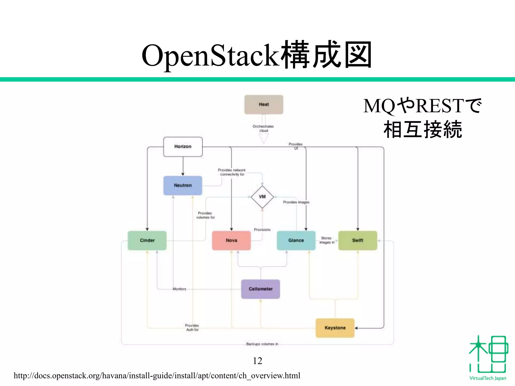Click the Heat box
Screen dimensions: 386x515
(x=264, y=105)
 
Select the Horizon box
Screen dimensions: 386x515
(x=183, y=147)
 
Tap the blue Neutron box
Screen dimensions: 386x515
(x=183, y=185)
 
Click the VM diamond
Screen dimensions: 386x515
(x=262, y=197)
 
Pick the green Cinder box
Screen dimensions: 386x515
(x=147, y=240)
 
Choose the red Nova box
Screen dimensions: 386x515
(x=231, y=240)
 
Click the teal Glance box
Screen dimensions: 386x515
(x=296, y=240)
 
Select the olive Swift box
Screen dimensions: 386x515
(x=358, y=240)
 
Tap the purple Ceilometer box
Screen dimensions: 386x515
(x=261, y=289)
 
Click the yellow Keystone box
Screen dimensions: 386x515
(x=335, y=328)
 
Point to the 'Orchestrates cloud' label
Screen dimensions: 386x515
(x=263, y=128)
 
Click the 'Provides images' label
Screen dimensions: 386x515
(x=296, y=202)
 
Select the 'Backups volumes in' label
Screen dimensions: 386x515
(x=262, y=344)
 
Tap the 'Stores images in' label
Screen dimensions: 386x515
(x=327, y=240)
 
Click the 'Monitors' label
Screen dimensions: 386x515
(x=179, y=289)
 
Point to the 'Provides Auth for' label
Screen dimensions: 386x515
(x=192, y=327)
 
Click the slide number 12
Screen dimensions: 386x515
(x=257, y=361)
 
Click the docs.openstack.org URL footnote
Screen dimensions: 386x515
(x=157, y=376)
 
